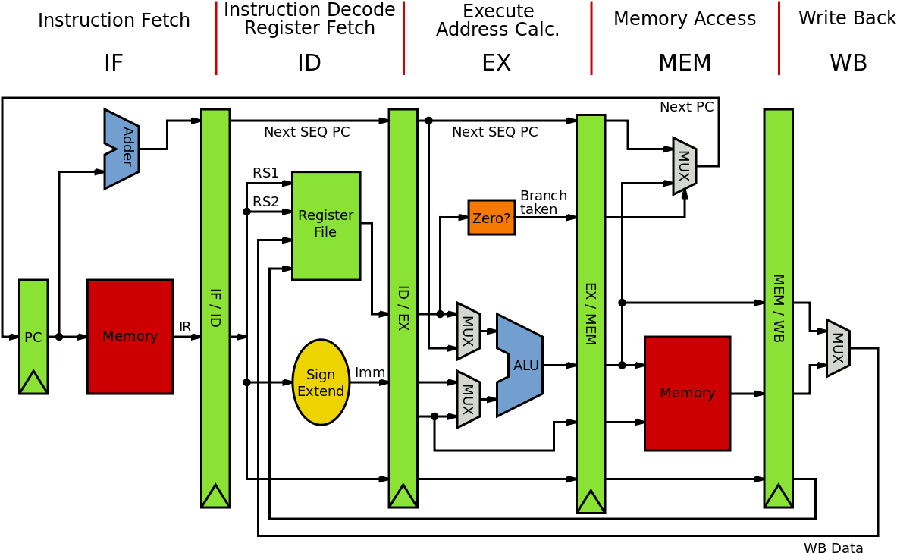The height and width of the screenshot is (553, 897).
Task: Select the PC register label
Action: pos(33,338)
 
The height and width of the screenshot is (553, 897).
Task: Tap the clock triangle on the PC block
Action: pos(33,382)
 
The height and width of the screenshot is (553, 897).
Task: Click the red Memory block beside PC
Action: pos(130,336)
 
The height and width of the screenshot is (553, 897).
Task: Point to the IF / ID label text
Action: pos(215,307)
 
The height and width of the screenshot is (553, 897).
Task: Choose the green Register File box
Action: pos(326,225)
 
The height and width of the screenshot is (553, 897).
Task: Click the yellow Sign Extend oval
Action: pos(321,382)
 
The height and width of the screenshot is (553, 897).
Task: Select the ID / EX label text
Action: pos(403,307)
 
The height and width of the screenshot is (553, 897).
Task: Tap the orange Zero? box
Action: pos(491,218)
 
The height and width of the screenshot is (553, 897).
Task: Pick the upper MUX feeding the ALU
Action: pos(468,331)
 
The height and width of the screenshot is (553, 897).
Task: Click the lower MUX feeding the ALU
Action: pos(468,399)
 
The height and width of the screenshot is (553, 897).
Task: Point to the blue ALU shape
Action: pos(522,366)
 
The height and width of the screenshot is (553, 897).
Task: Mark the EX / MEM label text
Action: pos(590,313)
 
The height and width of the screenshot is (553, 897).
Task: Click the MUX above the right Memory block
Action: pos(684,165)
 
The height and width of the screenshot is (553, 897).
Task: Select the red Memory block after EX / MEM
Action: pos(687,393)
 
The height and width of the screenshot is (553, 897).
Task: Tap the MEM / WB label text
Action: pos(778,307)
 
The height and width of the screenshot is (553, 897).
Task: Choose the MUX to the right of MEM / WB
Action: pos(837,347)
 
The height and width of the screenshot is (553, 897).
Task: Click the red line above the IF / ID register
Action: pos(216,38)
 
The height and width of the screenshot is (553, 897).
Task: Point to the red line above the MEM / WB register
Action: pos(779,38)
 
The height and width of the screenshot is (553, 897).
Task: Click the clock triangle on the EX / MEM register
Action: pos(591,501)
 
